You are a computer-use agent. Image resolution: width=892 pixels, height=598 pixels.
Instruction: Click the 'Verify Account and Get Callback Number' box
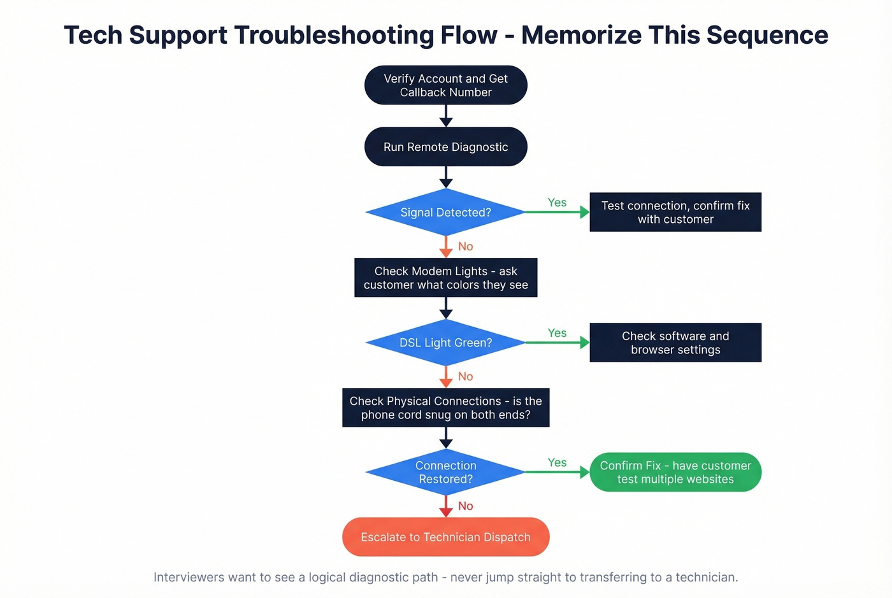coord(445,85)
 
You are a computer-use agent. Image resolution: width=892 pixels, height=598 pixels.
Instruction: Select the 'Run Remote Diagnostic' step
coord(445,147)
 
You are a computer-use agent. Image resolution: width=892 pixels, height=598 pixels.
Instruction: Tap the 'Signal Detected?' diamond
coord(445,213)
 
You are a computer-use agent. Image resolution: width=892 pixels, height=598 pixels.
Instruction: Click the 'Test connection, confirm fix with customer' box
coord(675,212)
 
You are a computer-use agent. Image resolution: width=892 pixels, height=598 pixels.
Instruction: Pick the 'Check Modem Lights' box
coord(445,278)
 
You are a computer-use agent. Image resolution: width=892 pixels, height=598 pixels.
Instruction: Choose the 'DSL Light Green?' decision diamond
coord(445,343)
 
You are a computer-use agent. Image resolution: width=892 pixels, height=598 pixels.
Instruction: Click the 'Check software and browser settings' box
coord(675,343)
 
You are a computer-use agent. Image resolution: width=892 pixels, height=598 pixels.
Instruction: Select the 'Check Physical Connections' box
coord(445,408)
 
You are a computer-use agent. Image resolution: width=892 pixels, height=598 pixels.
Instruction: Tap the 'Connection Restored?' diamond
coord(445,473)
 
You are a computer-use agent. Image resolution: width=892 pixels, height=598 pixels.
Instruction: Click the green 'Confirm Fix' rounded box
coord(675,473)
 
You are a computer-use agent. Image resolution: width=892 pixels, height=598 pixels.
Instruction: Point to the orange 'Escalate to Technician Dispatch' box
coord(445,537)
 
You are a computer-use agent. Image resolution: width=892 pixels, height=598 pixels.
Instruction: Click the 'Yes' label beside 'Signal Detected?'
coord(557,203)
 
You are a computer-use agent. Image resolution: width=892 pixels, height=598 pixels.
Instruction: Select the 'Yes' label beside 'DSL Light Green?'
coord(557,333)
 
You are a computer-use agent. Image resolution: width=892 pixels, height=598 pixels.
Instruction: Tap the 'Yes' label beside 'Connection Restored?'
coord(557,462)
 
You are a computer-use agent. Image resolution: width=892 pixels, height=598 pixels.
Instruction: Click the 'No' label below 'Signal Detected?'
coord(466,246)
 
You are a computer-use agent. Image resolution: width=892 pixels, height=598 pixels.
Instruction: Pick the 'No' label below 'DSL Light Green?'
coord(466,376)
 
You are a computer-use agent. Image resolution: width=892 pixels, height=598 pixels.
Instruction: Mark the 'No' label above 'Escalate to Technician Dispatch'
coord(466,506)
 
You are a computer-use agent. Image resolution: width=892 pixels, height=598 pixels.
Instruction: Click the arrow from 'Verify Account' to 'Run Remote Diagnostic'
coord(446,116)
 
